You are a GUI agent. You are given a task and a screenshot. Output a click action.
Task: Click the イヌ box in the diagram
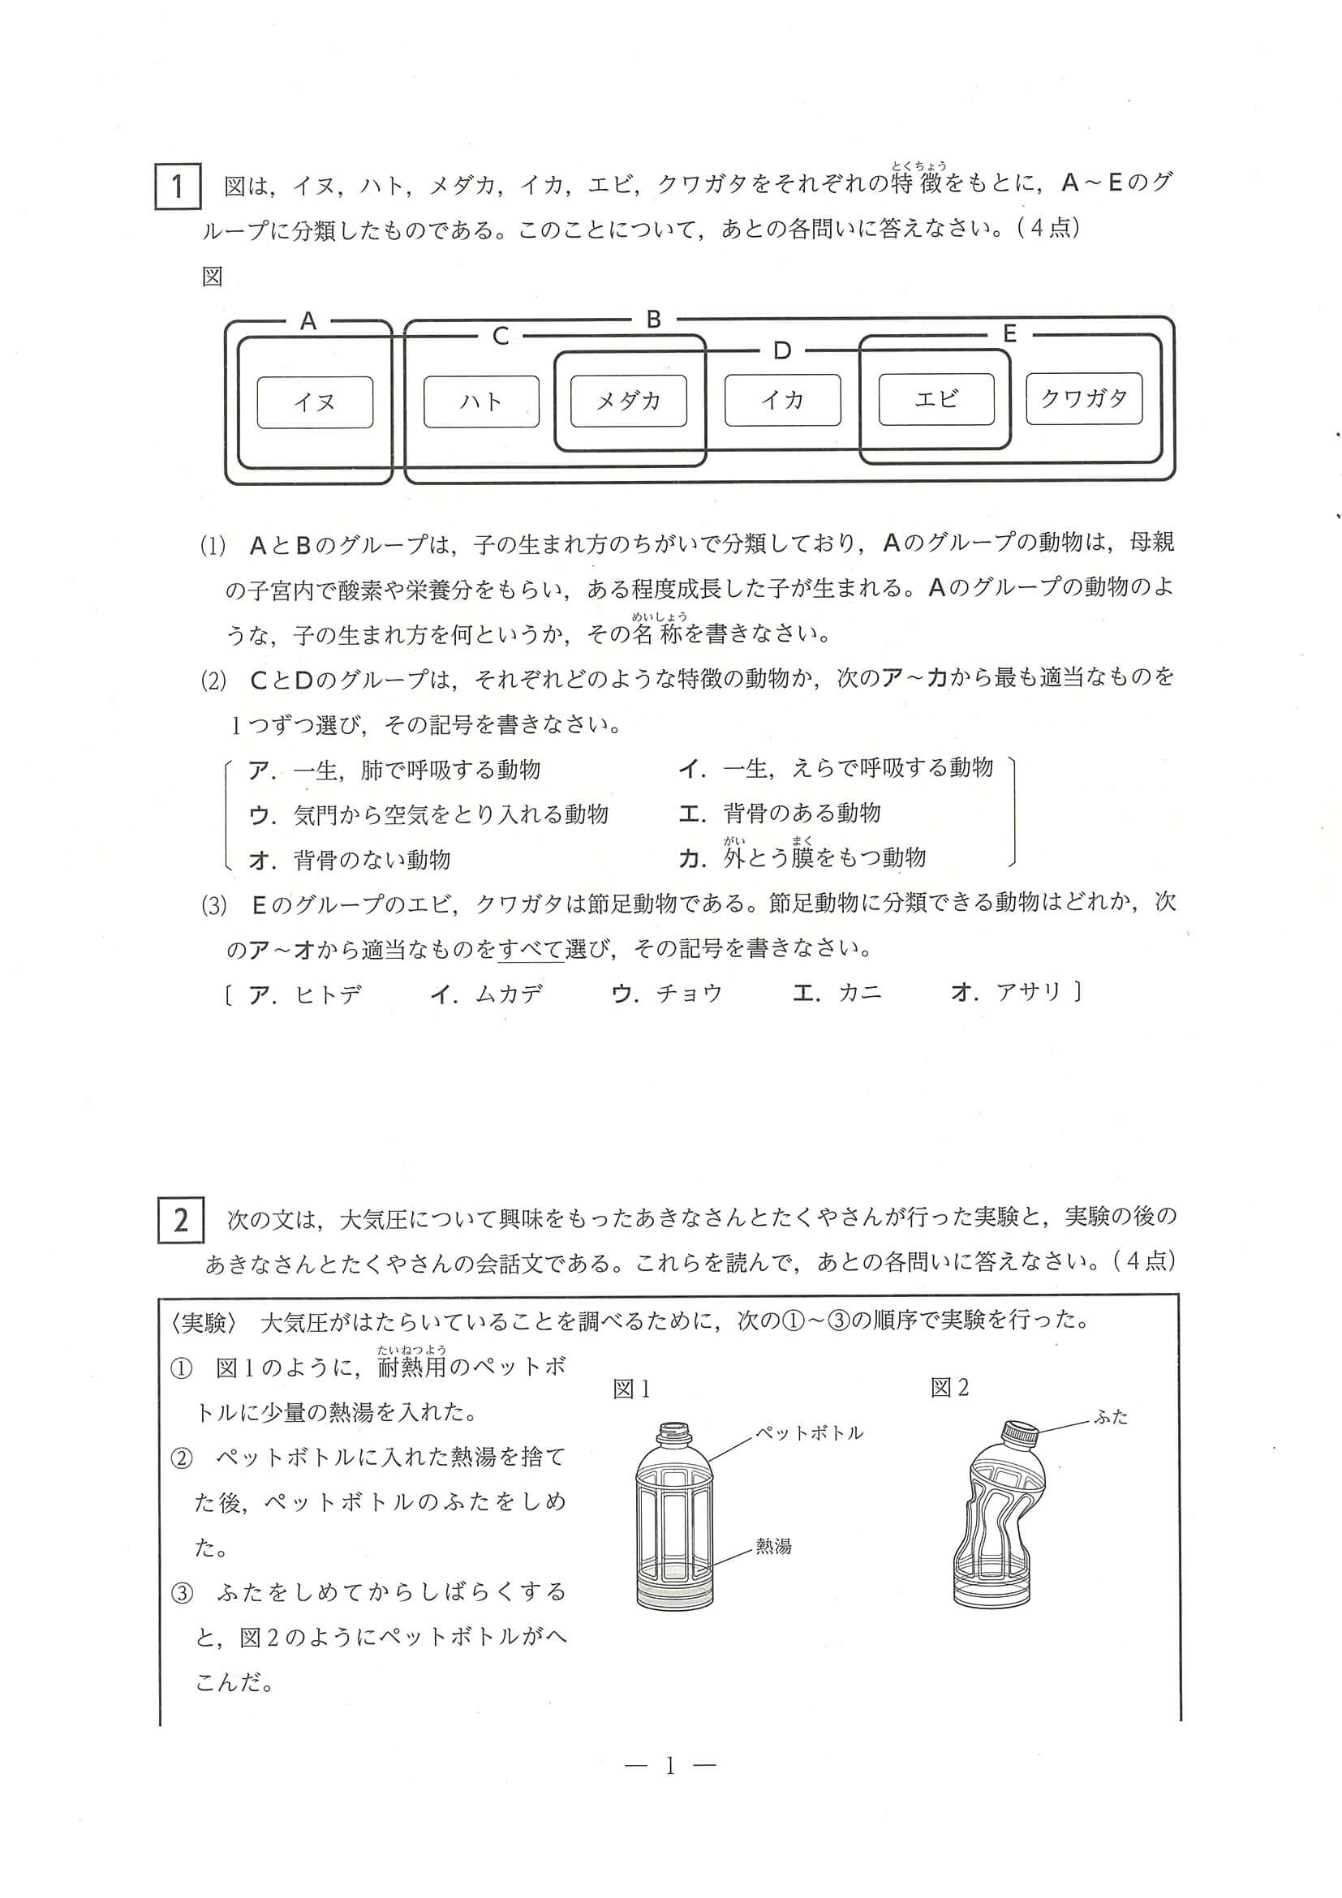[x=315, y=402]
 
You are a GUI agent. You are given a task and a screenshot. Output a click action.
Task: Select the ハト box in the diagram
[x=481, y=401]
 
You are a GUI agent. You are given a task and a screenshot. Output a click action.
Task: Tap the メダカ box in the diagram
[x=629, y=401]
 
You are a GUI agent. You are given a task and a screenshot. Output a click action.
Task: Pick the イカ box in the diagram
[x=782, y=400]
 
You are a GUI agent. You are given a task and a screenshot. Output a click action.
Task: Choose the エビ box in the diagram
[x=936, y=399]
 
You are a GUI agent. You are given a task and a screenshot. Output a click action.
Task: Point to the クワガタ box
[x=1084, y=398]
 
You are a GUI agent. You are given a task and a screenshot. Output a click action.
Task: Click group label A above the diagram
[x=308, y=321]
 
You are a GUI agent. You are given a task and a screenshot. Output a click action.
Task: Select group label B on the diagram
[x=653, y=319]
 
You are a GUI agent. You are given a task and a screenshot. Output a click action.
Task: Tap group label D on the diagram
[x=781, y=351]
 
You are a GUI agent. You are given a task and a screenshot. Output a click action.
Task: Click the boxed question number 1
[x=178, y=187]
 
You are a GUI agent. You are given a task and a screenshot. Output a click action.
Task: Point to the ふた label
[x=1112, y=1417]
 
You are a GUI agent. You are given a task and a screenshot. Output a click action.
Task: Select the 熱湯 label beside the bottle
[x=773, y=1546]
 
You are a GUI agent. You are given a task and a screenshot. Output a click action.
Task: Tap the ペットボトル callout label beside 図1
[x=810, y=1432]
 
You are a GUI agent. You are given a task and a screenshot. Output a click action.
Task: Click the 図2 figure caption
[x=949, y=1388]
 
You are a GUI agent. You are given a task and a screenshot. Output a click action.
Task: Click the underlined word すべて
[x=531, y=949]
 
